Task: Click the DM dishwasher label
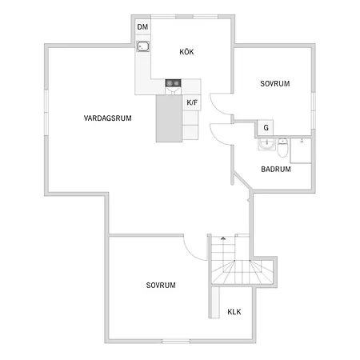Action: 142,27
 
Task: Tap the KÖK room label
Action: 186,52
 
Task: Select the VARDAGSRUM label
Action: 108,118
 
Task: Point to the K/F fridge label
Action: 192,102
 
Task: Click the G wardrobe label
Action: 266,128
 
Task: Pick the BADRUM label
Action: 276,169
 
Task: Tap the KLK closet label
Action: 234,312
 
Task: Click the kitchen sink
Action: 143,46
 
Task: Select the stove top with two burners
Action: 173,83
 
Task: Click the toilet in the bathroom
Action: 282,147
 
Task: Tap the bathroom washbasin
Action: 266,144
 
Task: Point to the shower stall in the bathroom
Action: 301,150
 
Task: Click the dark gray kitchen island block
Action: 170,118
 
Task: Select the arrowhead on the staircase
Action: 223,238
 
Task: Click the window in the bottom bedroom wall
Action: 176,341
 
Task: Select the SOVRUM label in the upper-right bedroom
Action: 275,84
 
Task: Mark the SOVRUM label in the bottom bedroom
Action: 161,286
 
